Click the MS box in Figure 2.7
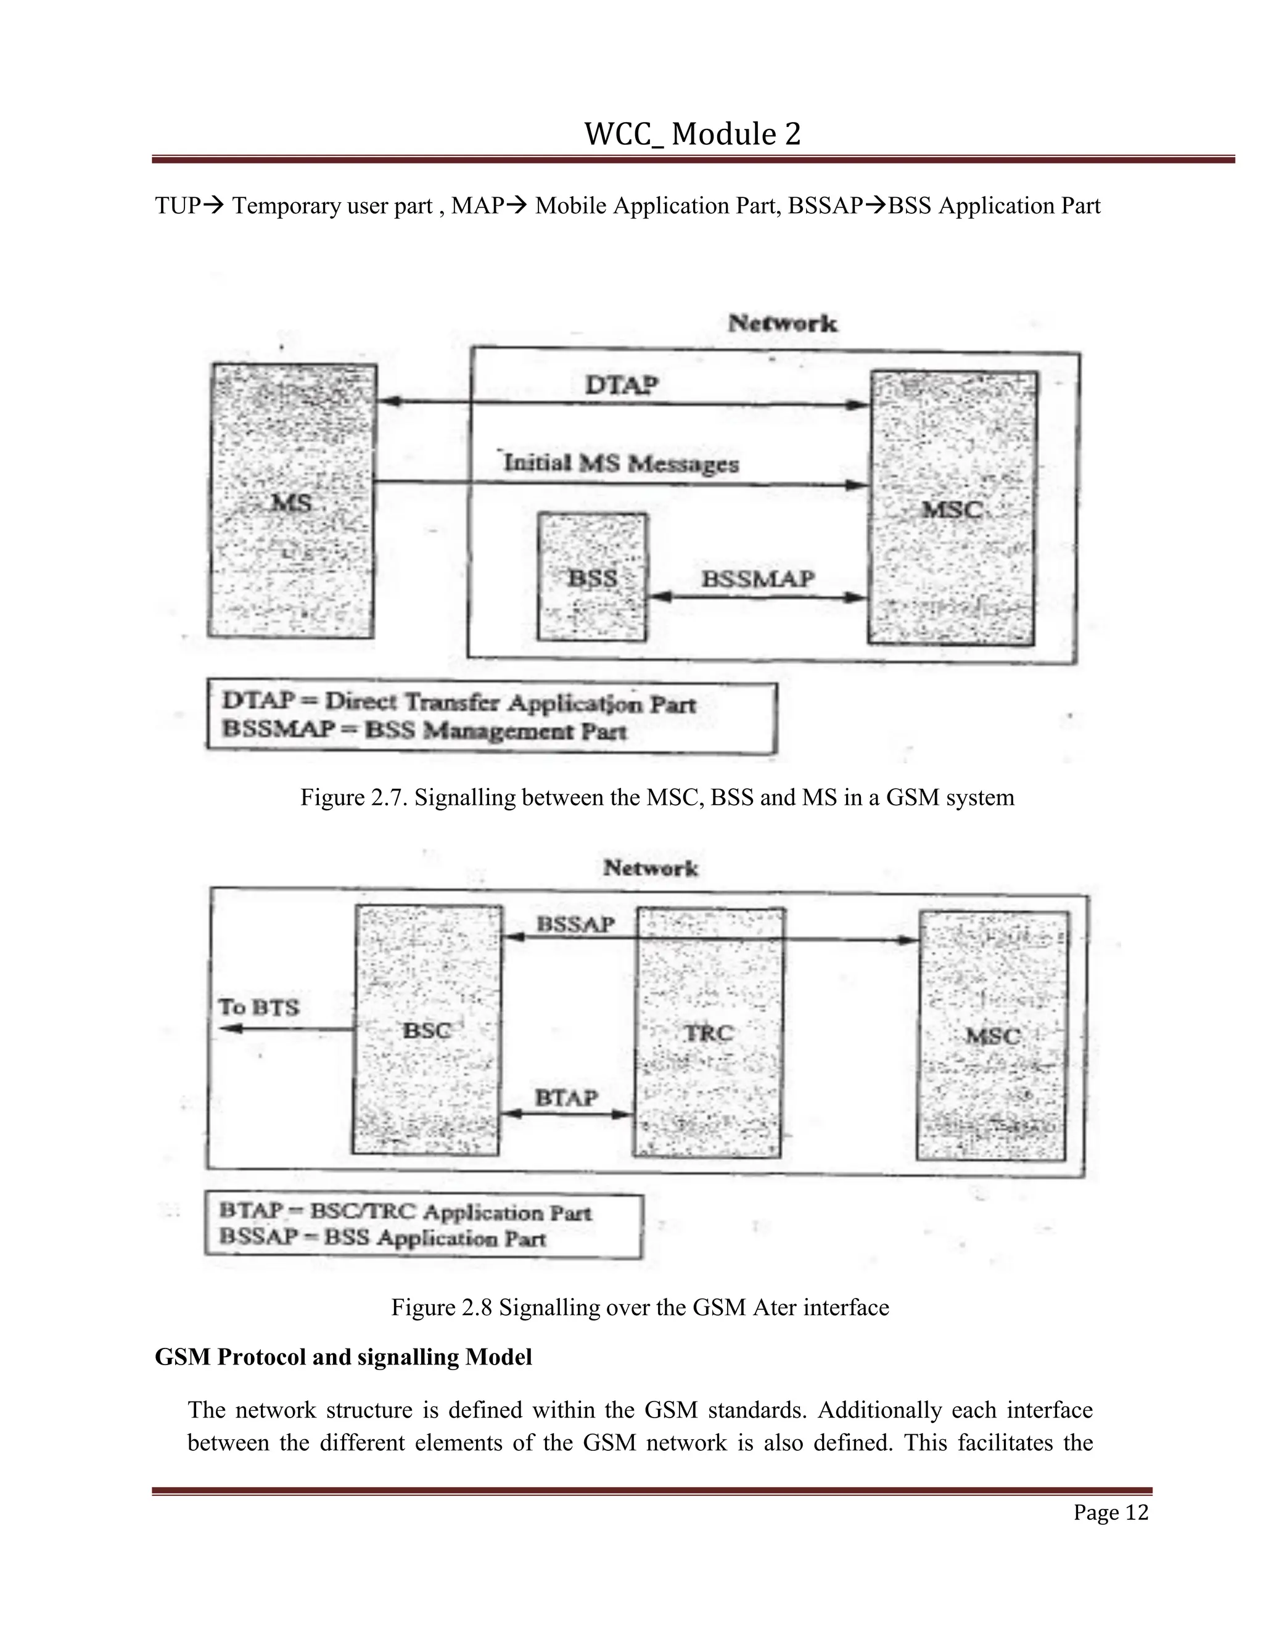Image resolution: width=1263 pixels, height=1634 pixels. tap(291, 501)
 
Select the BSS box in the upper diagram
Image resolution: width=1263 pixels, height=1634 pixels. tap(592, 577)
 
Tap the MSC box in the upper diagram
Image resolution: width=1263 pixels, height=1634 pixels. tap(952, 509)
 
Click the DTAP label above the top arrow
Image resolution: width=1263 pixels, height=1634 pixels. tap(622, 385)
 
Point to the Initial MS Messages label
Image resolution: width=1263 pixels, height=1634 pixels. tap(621, 463)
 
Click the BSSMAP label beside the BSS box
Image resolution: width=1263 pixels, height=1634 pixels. tap(758, 578)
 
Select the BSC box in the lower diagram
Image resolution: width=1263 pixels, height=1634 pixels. tap(427, 1030)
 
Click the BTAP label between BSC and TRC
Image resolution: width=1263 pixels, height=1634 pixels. tap(566, 1098)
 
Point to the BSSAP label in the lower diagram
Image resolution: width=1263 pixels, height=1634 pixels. tap(575, 925)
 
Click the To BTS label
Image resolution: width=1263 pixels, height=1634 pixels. tap(259, 1007)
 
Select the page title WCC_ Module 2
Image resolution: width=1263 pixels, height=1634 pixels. tap(692, 134)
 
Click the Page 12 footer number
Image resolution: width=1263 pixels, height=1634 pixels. tap(1110, 1512)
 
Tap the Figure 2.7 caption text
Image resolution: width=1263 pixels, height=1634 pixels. tap(657, 797)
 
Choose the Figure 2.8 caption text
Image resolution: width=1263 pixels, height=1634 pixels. tap(640, 1307)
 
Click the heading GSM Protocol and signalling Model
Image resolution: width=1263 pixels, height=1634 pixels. tap(344, 1357)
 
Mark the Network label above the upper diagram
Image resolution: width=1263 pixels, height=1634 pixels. tap(783, 323)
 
